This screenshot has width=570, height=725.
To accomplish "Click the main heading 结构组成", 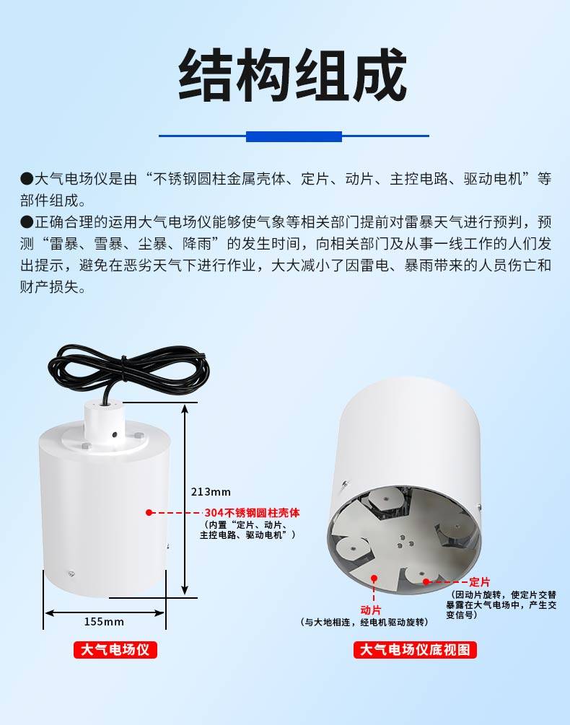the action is (x=292, y=75).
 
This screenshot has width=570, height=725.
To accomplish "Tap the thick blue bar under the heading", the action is (x=294, y=136).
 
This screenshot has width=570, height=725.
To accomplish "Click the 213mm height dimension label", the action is (x=211, y=491).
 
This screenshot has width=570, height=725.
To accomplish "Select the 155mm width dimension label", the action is (x=104, y=621).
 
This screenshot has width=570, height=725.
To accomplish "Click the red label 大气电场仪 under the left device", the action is (x=115, y=650).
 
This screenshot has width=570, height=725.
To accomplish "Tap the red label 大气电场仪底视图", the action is (x=415, y=650).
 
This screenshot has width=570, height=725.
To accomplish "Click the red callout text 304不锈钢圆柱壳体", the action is (x=253, y=513).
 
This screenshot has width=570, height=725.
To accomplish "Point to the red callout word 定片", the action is (x=479, y=581).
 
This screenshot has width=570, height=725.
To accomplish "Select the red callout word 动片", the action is (x=371, y=610).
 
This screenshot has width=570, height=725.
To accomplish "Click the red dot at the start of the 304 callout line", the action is (x=149, y=512).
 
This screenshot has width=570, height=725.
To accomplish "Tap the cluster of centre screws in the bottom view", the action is (x=402, y=542).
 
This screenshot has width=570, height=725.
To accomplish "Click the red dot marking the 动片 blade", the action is (x=374, y=578).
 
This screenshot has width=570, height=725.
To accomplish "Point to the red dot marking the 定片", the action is (x=426, y=581).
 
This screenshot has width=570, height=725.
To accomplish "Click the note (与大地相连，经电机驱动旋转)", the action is (x=364, y=623).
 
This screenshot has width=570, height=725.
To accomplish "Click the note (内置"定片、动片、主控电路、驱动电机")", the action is (x=247, y=530).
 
